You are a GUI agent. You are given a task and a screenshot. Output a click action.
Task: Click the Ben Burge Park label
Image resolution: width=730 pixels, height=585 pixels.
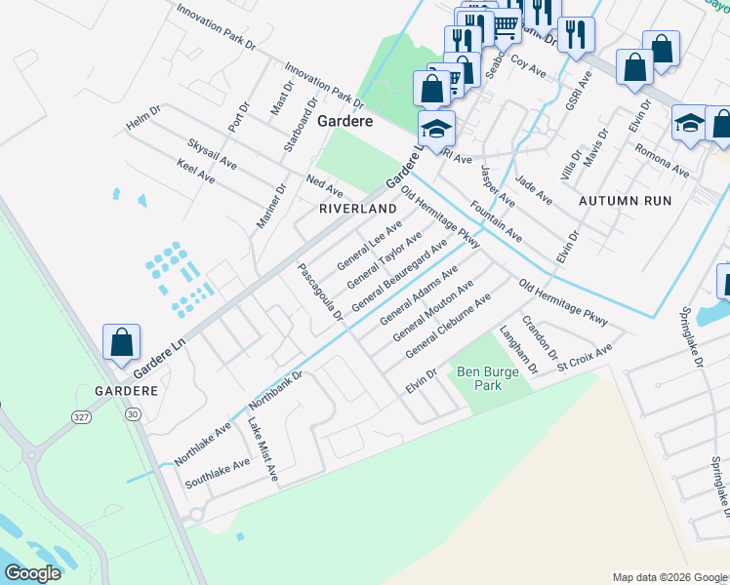[x=479, y=378]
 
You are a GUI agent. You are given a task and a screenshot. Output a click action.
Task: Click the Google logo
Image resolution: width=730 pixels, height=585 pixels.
[x=33, y=572]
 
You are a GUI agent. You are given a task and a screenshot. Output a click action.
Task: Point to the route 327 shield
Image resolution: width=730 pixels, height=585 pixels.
[x=80, y=416]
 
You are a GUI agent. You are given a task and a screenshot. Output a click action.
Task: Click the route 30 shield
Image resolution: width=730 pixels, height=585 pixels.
[x=132, y=415]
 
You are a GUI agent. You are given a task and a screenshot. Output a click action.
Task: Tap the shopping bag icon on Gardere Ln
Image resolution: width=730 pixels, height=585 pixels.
[x=121, y=343]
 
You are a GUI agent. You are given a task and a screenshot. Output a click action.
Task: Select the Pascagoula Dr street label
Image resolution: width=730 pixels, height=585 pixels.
[x=320, y=291]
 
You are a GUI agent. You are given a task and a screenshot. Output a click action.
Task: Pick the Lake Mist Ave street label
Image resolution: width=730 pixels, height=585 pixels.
[x=263, y=448]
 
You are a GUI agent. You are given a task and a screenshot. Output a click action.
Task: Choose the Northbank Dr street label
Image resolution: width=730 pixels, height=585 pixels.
[x=277, y=387]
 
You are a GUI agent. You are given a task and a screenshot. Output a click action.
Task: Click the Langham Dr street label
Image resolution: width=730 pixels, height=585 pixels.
[x=519, y=351]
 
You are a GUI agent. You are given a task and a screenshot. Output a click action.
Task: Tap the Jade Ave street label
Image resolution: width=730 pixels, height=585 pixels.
[x=534, y=190]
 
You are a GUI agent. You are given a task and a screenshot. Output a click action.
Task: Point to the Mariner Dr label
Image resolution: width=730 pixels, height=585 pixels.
[x=271, y=206]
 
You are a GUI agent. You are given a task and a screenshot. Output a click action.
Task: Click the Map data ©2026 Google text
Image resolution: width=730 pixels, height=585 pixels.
[x=669, y=576]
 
